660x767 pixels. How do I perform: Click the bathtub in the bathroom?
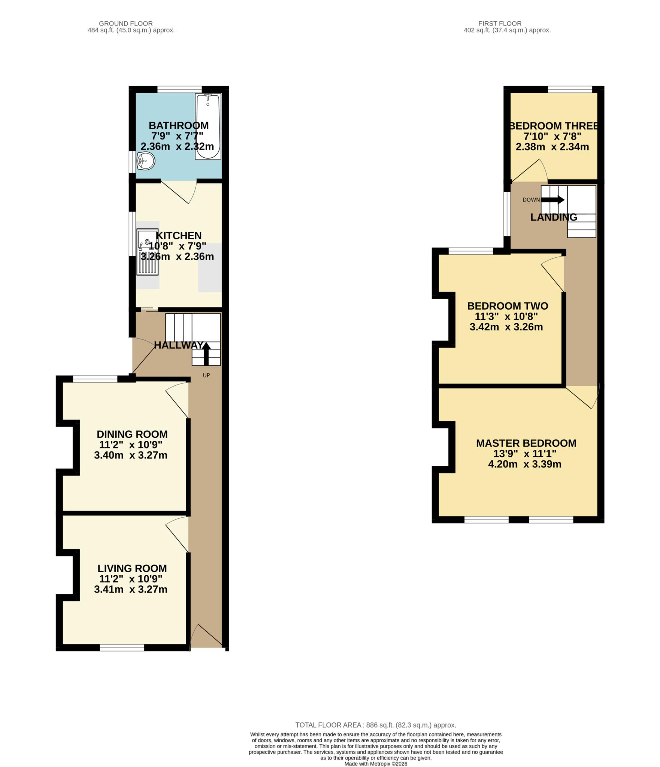208,127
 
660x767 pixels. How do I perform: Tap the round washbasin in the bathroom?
146,161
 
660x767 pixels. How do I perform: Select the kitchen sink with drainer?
148,252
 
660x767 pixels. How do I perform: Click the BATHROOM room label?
179,125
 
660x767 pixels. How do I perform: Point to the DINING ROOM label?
132,434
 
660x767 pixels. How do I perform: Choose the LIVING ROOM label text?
132,568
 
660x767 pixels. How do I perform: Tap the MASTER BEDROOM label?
526,443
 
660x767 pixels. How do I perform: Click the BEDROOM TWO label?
507,306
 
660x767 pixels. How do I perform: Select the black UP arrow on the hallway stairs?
206,353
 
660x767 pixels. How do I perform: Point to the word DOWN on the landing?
531,200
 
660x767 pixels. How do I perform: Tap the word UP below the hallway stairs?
206,375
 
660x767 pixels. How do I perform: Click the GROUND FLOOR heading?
125,24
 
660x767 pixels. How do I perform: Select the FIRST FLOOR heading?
500,24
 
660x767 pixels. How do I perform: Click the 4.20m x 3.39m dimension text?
524,464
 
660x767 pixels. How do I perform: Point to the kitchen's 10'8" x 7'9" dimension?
178,246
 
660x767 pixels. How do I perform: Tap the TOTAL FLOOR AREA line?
376,725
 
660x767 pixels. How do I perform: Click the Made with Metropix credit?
376,764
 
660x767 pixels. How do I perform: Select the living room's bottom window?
122,648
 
